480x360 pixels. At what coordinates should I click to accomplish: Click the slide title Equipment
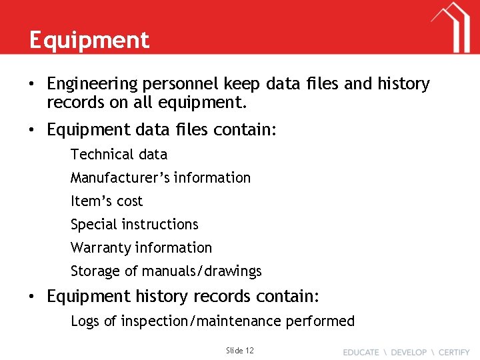click(x=89, y=41)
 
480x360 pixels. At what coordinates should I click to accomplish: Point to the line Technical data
click(x=119, y=155)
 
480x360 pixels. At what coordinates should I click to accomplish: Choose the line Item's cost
click(x=107, y=201)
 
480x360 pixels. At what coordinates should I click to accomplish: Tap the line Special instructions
click(x=135, y=225)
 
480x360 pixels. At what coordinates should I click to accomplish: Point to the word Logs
click(x=85, y=321)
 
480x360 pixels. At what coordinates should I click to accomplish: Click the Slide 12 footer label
click(x=240, y=350)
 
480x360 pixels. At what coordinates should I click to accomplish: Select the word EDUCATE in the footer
click(x=361, y=352)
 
